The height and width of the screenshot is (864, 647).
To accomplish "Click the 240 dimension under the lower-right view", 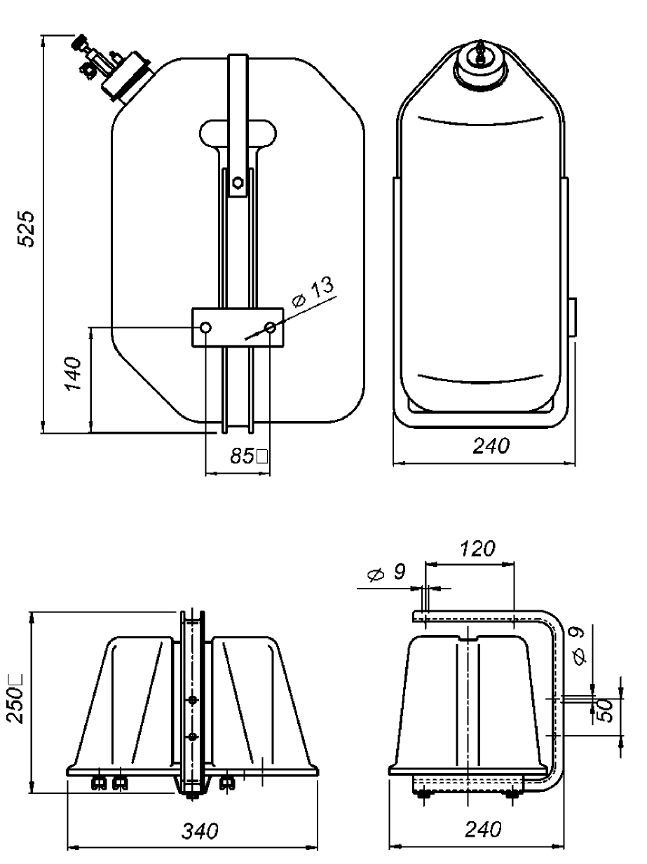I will click(x=483, y=830).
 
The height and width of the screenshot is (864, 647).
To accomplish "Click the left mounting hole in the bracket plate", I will click(x=205, y=327).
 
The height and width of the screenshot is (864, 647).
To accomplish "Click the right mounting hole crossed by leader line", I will click(x=271, y=327).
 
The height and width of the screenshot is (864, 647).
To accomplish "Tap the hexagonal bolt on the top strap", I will click(x=238, y=182).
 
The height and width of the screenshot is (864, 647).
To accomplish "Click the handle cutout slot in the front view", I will click(x=238, y=131).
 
